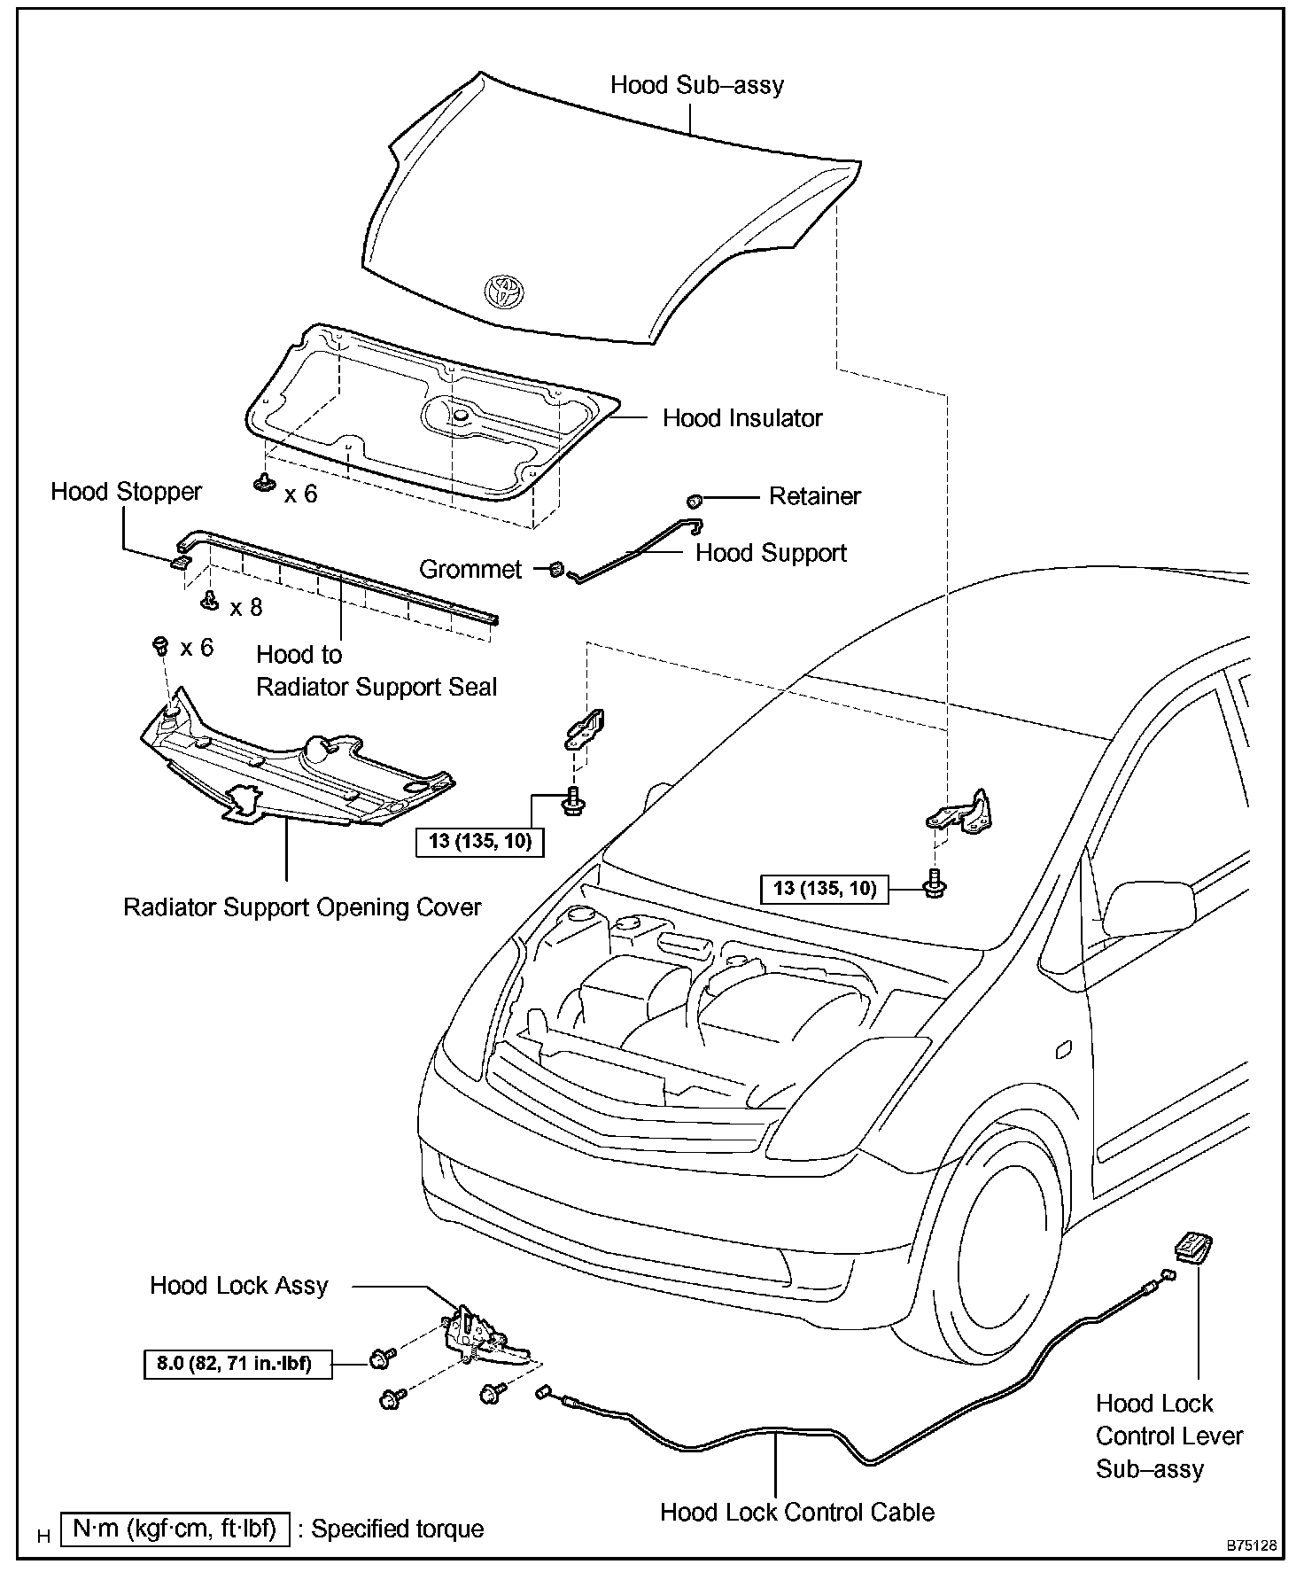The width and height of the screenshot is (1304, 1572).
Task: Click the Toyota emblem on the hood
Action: pos(504,291)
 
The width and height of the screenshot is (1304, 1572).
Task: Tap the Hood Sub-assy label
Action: pos(697,85)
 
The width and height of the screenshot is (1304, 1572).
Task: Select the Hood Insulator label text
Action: pos(742,418)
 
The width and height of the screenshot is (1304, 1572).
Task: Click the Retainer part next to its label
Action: pos(695,501)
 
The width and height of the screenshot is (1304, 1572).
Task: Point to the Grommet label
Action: pos(470,569)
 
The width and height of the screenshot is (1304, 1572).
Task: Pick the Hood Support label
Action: pos(771,553)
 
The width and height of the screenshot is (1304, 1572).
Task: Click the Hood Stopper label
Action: pos(126,492)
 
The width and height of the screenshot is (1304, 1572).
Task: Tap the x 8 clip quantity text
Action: pos(246,608)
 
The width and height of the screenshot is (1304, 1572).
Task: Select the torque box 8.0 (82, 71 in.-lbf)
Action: pos(238,1363)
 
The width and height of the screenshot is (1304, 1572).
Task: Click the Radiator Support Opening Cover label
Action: pos(302,907)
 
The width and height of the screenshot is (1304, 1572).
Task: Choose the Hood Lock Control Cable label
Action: pos(797,1511)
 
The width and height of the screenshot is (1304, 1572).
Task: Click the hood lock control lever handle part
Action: pos(1193,1247)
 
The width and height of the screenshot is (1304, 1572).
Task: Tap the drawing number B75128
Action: pos(1251,1545)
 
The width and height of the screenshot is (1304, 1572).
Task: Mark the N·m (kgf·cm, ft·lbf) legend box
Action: pos(175,1529)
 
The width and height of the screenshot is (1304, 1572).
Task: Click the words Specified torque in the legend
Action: pos(398,1529)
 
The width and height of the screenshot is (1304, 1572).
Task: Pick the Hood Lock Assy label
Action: pos(238,1286)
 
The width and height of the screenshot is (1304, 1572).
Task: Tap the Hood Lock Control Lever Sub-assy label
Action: pos(1168,1436)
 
